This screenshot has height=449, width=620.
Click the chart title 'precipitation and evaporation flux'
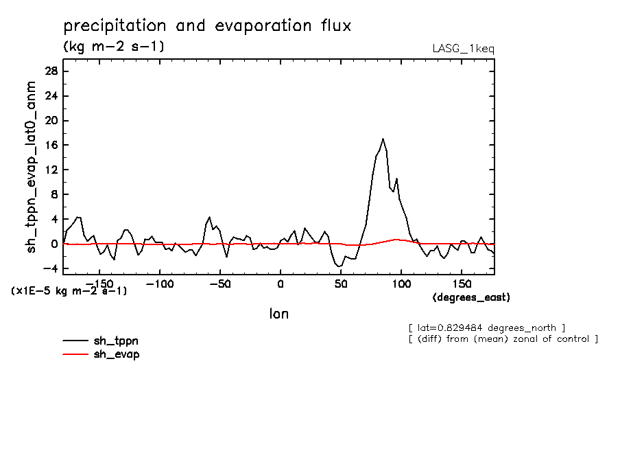tap(207, 26)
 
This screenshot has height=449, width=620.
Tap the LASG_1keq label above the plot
tap(463, 49)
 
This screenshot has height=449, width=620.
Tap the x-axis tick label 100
tap(401, 283)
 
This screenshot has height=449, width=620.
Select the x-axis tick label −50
tap(219, 283)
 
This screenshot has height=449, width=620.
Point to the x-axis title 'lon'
tap(278, 314)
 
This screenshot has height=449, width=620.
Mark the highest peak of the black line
tap(383, 139)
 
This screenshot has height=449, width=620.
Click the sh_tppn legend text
tap(117, 341)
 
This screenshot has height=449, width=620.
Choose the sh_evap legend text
tap(117, 354)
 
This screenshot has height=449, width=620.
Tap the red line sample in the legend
tap(75, 354)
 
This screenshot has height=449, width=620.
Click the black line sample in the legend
tap(75, 341)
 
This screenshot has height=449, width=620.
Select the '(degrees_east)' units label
tap(471, 297)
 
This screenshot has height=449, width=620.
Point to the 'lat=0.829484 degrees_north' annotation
tap(486, 327)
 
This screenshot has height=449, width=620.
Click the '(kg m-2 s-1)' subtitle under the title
tap(113, 47)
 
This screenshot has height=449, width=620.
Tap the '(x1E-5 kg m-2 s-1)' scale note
tap(69, 291)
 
